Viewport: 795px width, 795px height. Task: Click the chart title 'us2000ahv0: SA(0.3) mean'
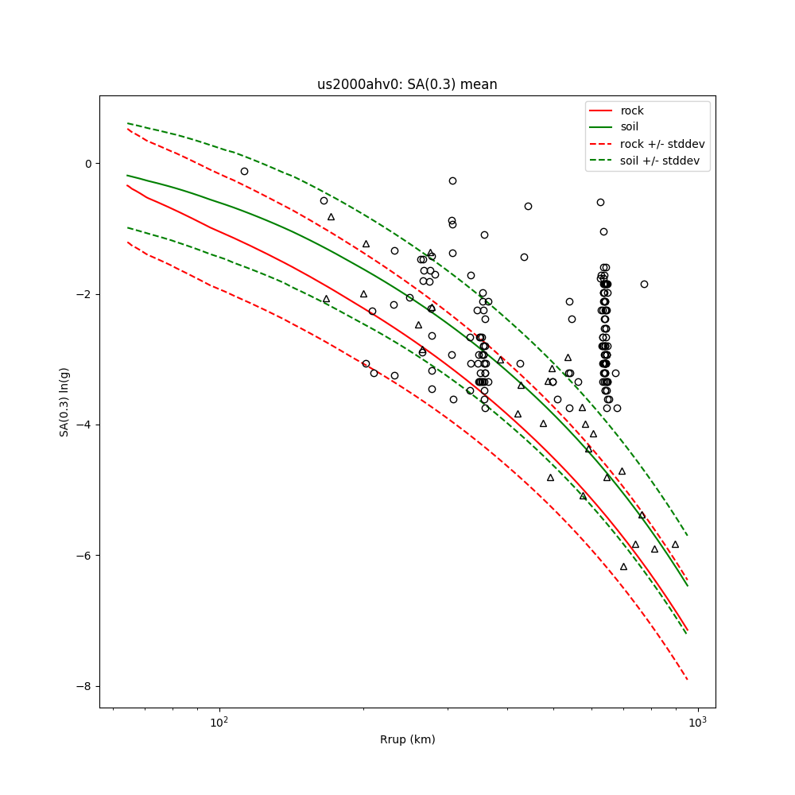tap(407, 84)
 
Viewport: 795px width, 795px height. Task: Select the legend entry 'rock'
tap(632, 111)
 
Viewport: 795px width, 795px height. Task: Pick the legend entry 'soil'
tap(629, 126)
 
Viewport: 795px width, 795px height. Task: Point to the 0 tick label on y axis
tap(88, 164)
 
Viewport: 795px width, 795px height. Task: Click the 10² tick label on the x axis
tap(219, 722)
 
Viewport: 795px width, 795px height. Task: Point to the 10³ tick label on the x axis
tap(697, 722)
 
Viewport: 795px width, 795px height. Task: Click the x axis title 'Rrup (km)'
tap(407, 739)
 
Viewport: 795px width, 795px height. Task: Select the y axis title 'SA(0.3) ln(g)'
tap(64, 401)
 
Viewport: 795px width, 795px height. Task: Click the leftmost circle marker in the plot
tap(244, 171)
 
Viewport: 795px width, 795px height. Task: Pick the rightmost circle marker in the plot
tap(644, 284)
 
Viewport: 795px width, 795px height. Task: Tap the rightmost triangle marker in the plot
tap(675, 545)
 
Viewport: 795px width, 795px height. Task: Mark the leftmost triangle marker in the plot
tap(326, 299)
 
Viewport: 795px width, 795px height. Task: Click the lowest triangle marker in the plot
tap(623, 566)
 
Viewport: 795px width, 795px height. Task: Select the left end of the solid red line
tap(127, 185)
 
